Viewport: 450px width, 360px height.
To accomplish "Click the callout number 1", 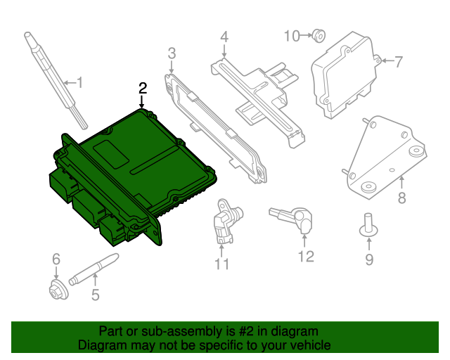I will coord(79,84).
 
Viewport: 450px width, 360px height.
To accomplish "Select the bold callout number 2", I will coord(143,88).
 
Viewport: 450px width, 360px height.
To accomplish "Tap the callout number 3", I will coord(171,53).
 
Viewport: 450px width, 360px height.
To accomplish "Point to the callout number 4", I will coord(224,37).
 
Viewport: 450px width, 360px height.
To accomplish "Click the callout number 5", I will coord(96,295).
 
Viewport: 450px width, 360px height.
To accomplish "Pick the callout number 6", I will coord(56,261).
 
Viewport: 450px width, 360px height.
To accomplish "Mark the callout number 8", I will coord(401,198).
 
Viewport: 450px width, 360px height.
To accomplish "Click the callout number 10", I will coord(292,35).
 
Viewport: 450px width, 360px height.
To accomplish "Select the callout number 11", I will coord(222,264).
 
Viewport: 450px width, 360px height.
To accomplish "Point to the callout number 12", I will coord(306,257).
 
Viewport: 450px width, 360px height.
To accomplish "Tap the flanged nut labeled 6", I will coord(56,288).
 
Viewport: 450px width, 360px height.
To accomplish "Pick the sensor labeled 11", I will coord(224,220).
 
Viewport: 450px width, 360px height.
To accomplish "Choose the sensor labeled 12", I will coord(295,218).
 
